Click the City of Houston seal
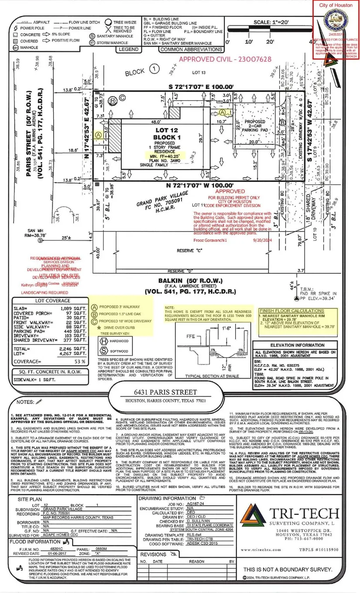tap(336, 19)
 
